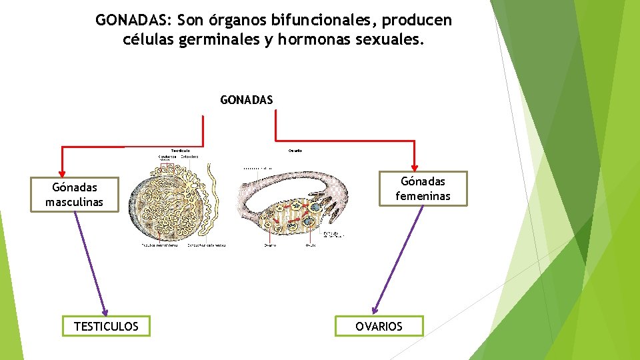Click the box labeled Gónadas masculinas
[74, 195]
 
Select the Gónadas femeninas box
[423, 189]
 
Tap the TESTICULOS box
[106, 326]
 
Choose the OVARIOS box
[379, 326]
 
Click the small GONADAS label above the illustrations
[246, 100]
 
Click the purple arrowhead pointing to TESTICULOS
[103, 311]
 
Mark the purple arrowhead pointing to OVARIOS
[377, 309]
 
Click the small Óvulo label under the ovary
[311, 245]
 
